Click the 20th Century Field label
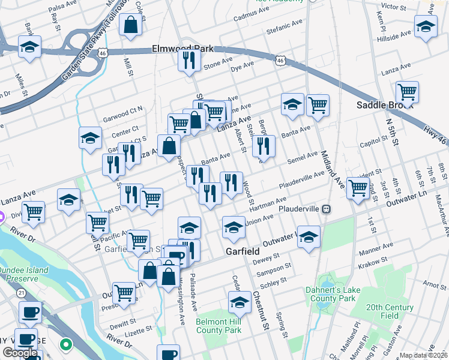390,311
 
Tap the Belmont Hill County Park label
218,326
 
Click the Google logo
20,353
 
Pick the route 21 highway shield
21,292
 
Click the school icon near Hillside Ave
426,28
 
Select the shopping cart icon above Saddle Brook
407,92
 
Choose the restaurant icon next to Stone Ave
189,59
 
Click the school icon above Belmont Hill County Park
239,302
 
